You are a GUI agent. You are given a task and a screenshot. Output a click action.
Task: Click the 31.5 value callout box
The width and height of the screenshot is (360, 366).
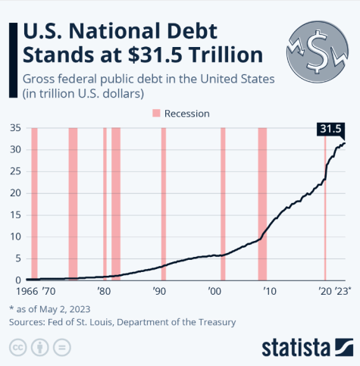coord(330,130)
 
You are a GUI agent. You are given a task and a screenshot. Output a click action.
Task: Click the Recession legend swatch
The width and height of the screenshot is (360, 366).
coord(157,113)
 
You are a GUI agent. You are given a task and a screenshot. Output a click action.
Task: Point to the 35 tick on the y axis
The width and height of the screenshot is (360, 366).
coord(14,128)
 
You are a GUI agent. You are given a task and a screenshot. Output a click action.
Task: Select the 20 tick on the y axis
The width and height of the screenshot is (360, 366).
coord(14,193)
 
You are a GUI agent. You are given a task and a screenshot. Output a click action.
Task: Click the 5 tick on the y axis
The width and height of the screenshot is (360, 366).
coord(17,258)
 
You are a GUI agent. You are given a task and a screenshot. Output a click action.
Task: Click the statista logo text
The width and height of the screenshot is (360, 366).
coord(296,348)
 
